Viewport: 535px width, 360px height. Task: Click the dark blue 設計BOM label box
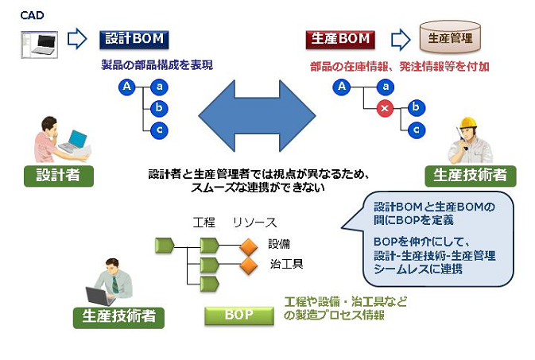point(134,38)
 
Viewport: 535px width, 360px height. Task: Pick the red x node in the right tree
point(384,110)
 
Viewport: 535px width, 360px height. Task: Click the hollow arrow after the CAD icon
point(76,38)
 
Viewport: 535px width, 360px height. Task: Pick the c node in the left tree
point(160,129)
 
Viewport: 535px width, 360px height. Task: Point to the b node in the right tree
point(414,107)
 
